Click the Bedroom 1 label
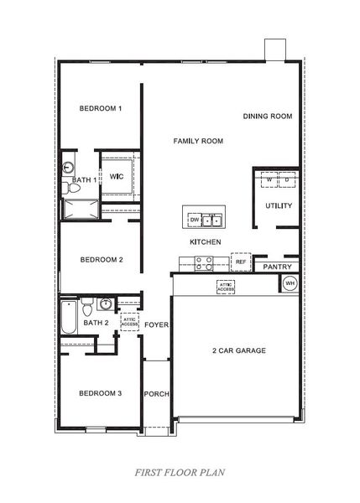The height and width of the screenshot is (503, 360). tap(101, 109)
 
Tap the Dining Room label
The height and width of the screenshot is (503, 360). tap(268, 117)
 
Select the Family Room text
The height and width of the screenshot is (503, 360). tap(198, 142)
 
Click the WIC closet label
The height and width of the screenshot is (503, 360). tap(117, 176)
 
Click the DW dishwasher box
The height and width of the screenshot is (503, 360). tap(195, 220)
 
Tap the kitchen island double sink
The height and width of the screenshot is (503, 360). tap(213, 220)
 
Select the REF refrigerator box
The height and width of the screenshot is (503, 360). tap(240, 262)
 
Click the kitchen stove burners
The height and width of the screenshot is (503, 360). tap(203, 263)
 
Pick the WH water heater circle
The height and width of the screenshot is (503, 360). tap(290, 284)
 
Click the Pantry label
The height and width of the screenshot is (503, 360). tap(276, 267)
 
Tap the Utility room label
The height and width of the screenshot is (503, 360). tap(278, 205)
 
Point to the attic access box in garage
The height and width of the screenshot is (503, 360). tap(225, 287)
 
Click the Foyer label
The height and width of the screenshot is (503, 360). tap(156, 324)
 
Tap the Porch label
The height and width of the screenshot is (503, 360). tap(156, 393)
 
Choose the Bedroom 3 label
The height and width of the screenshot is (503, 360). tap(101, 393)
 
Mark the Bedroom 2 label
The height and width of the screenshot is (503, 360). tap(102, 260)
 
